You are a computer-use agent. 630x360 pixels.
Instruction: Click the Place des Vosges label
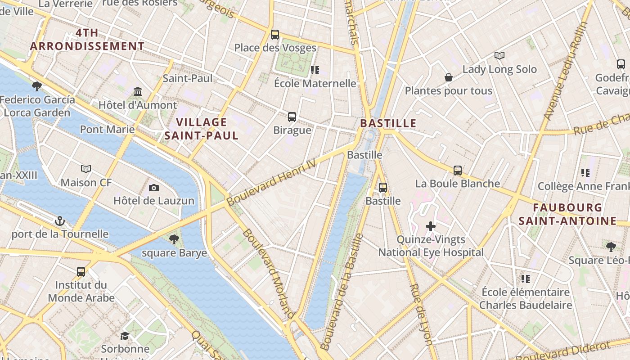(275, 48)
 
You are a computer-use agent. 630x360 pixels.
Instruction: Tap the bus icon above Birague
(292, 117)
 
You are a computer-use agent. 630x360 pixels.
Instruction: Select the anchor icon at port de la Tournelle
(59, 221)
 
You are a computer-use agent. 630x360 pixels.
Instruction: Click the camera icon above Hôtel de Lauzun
(154, 188)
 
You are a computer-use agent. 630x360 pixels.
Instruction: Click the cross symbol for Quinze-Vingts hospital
(431, 226)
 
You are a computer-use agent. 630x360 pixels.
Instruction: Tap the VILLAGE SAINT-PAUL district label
(201, 129)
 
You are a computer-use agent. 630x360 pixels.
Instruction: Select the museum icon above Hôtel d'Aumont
(138, 92)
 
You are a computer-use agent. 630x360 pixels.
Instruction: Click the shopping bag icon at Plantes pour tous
(449, 78)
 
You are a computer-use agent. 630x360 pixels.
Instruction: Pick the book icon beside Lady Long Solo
(499, 56)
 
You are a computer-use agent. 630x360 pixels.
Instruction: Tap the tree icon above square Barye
(174, 239)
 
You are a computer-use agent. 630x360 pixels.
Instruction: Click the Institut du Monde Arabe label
(81, 291)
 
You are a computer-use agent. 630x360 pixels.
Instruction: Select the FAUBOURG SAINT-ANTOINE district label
(567, 214)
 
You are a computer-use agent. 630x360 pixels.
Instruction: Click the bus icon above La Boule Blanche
(458, 171)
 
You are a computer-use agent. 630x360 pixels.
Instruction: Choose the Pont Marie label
(107, 130)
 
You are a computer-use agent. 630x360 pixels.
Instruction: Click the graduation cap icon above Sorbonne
(125, 336)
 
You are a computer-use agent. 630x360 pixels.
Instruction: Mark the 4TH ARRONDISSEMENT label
(87, 40)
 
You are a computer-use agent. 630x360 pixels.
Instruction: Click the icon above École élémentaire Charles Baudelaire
(525, 279)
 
